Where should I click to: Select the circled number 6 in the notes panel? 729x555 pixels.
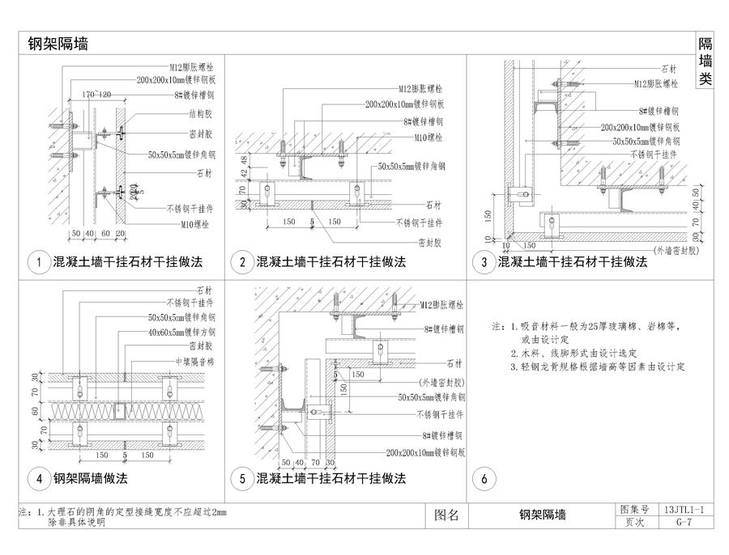[484, 479]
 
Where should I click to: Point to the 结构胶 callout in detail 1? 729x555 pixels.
[202, 115]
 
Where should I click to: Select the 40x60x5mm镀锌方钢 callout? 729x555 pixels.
[180, 332]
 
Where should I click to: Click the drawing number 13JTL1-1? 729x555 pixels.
[686, 510]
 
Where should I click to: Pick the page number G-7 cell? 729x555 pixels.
[684, 523]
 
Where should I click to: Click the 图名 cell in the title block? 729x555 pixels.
[447, 515]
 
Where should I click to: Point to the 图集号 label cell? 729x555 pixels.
[634, 510]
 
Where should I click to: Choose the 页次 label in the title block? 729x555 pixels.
[634, 523]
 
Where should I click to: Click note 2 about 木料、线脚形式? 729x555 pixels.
[574, 354]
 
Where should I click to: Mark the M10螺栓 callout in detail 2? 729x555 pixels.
[428, 138]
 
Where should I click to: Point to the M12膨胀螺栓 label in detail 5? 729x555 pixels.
[441, 305]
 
